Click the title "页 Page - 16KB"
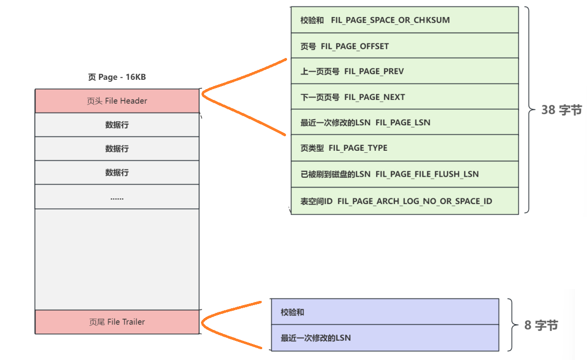coord(117,77)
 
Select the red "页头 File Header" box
coord(117,101)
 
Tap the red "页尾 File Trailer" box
coord(117,322)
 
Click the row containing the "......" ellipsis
coord(117,197)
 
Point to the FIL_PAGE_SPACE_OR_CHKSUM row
coord(404,20)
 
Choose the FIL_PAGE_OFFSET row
coord(404,46)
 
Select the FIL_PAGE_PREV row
coord(404,71)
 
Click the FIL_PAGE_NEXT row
coord(404,97)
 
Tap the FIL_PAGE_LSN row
coord(404,122)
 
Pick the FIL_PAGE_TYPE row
coord(404,148)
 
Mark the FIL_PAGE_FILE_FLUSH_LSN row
coord(404,174)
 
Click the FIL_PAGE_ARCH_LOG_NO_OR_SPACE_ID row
coord(404,200)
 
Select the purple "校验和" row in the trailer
coord(384,312)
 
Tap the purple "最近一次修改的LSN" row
coord(384,338)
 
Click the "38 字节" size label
coord(562,110)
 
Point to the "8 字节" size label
coord(541,325)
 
